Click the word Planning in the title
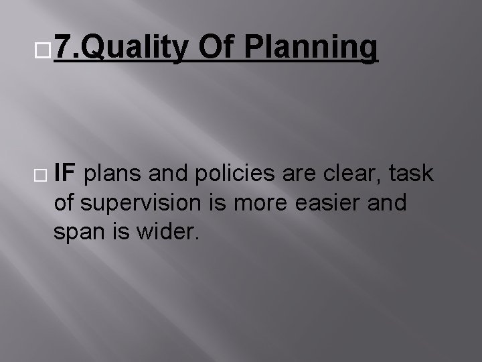[311, 48]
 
